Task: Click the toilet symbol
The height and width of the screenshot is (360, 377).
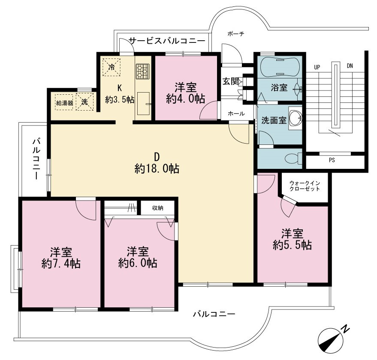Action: click(x=293, y=159)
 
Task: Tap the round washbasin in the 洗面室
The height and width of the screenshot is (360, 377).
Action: click(x=295, y=118)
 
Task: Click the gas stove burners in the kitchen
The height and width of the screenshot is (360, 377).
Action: click(x=142, y=72)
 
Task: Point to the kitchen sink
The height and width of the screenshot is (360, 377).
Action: click(x=144, y=104)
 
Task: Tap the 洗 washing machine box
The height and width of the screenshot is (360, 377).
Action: click(x=84, y=102)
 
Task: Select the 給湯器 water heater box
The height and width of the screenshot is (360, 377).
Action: click(x=64, y=102)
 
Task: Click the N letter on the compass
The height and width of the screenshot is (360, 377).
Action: click(x=346, y=329)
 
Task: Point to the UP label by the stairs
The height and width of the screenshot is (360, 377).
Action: click(x=317, y=67)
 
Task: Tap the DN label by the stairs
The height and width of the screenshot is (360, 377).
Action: click(x=350, y=66)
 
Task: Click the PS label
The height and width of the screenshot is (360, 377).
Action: click(x=332, y=160)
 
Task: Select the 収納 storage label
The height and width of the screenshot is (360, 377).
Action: click(x=158, y=208)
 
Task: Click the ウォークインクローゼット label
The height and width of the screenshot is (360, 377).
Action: click(x=305, y=186)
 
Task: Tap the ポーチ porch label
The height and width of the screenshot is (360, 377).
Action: click(x=235, y=34)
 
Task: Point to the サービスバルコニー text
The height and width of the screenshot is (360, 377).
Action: click(x=167, y=41)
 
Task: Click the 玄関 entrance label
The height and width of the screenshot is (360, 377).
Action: click(x=230, y=81)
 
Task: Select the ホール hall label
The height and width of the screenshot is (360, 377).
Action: click(x=236, y=114)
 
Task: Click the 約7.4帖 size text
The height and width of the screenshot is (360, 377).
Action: click(x=61, y=264)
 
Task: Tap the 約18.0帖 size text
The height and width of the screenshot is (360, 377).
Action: click(x=157, y=169)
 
